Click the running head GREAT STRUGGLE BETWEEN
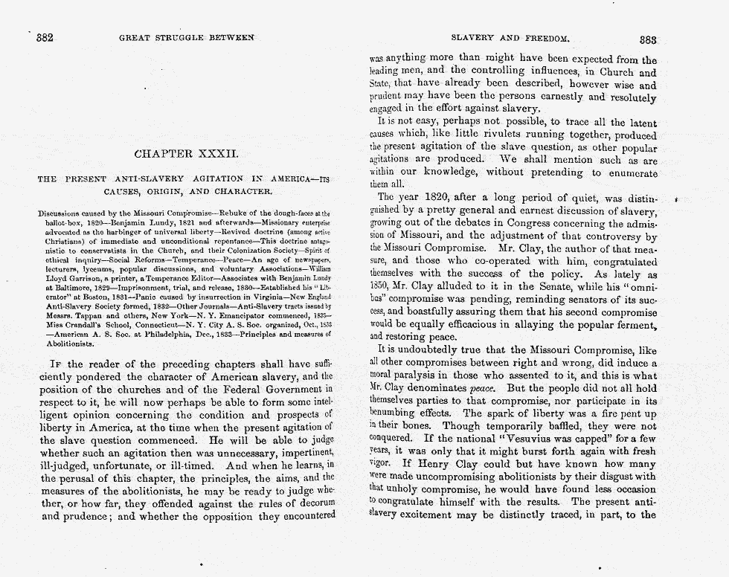point(186,37)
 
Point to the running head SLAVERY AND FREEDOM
point(510,37)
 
